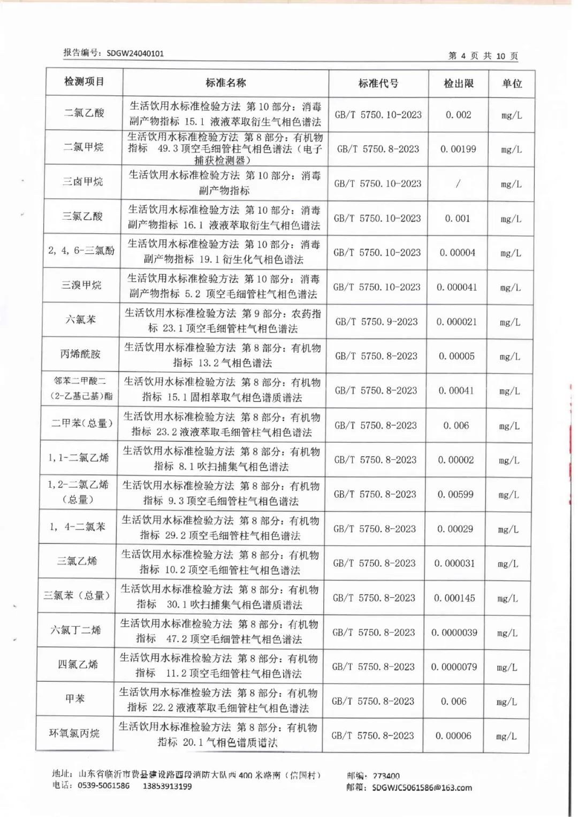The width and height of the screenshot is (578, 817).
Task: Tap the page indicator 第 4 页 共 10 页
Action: (483, 56)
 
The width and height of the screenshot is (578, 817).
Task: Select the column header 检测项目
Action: (84, 82)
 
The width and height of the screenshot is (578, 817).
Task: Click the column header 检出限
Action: (459, 83)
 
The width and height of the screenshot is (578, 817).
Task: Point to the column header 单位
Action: (512, 83)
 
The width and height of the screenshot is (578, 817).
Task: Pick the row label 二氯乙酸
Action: (84, 113)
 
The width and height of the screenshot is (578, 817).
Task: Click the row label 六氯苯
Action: (81, 319)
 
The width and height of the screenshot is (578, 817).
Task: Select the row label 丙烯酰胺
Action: (80, 354)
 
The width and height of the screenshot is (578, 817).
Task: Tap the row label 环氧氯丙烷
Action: (74, 733)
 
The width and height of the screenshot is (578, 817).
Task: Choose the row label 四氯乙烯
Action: (78, 664)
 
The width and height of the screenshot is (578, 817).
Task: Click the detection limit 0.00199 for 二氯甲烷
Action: (458, 149)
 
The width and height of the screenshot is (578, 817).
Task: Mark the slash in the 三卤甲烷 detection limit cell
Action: (458, 183)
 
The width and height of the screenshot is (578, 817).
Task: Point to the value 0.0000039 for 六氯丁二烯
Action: (454, 633)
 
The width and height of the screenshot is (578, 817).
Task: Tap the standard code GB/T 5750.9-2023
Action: (376, 321)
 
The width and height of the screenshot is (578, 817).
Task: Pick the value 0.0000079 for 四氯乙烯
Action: (454, 667)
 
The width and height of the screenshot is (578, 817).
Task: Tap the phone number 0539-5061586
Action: (103, 786)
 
